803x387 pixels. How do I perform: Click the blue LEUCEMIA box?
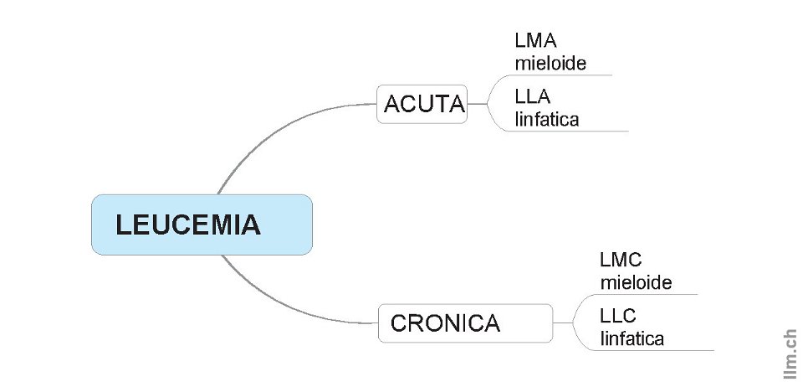(202, 224)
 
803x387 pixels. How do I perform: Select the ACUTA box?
(422, 104)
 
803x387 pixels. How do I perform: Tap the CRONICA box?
(465, 322)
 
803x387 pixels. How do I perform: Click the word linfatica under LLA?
(547, 118)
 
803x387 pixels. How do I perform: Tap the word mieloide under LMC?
(636, 282)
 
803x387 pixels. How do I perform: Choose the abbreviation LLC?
(618, 317)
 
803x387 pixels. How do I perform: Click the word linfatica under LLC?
(632, 338)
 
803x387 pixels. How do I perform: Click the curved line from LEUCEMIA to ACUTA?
(268, 134)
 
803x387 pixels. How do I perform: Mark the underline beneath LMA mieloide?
(569, 75)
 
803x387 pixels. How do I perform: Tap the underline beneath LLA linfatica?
(577, 132)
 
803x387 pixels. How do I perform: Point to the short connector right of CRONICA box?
(562, 322)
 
